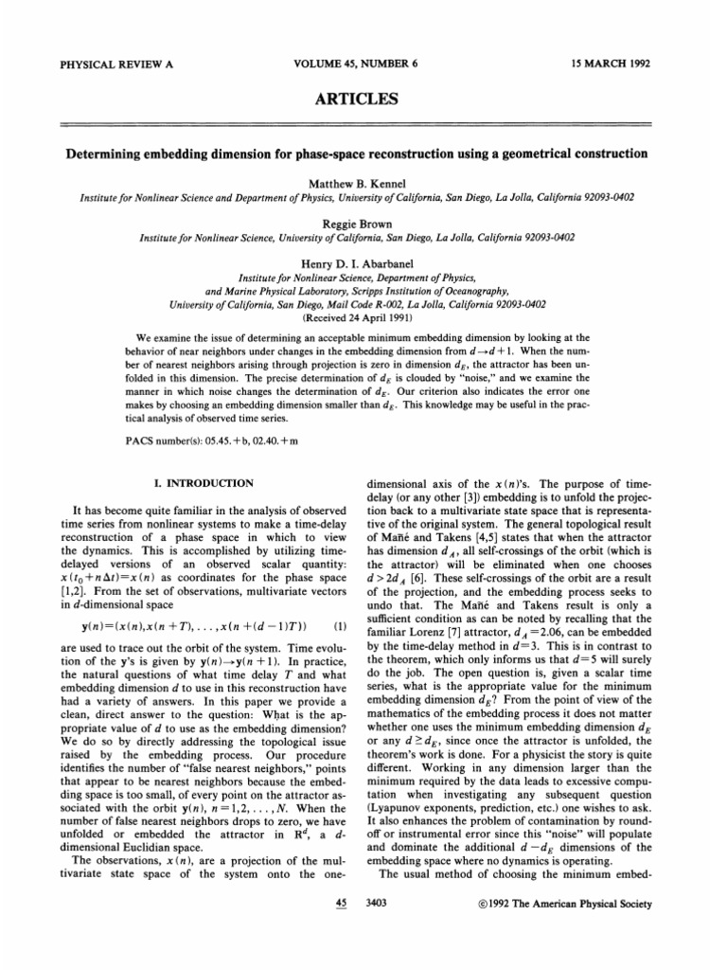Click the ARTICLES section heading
[x=363, y=99]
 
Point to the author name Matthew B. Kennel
[x=363, y=181]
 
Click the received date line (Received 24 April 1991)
[x=363, y=317]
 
